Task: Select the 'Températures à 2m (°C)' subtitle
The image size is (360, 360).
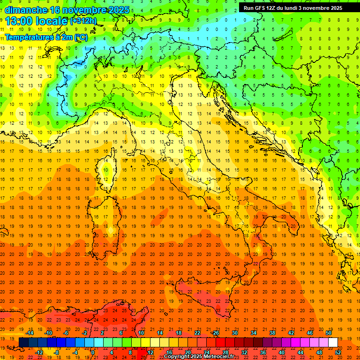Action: tap(46, 37)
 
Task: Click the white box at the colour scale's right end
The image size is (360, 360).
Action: tap(333, 342)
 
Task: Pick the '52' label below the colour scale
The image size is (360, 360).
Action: tap(338, 352)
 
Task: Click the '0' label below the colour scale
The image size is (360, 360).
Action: tap(93, 352)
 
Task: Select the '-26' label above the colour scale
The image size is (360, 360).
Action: tap(215, 333)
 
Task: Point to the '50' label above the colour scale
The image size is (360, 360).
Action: tap(329, 333)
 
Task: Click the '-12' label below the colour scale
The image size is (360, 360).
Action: tap(39, 352)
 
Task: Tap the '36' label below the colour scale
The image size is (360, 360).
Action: tap(263, 352)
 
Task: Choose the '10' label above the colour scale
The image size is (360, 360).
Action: tap(141, 333)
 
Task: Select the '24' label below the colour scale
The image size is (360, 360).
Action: tap(206, 352)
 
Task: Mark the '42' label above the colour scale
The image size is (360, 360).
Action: tap(291, 333)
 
